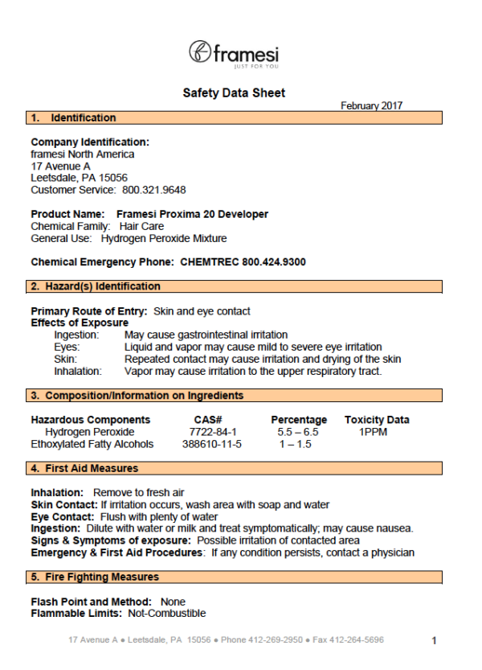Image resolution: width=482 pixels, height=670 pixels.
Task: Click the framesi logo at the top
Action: tap(234, 54)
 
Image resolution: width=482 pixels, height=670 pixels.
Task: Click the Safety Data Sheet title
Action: tap(234, 93)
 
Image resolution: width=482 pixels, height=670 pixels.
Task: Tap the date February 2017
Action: tap(371, 105)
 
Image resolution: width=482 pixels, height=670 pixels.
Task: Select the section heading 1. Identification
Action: tap(73, 118)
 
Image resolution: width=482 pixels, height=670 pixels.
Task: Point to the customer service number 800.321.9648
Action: tap(153, 190)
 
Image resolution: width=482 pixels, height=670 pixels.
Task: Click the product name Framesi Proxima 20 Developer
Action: tap(192, 214)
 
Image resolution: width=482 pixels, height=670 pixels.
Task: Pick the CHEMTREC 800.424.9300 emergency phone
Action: tap(243, 262)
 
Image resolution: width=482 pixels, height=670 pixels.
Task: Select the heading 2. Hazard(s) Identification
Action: tap(96, 286)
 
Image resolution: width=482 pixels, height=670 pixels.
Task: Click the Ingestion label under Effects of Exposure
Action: tap(76, 335)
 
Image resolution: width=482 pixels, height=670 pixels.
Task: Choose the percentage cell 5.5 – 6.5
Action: tap(296, 432)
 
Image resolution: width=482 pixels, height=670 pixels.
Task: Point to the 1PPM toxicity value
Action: tap(374, 432)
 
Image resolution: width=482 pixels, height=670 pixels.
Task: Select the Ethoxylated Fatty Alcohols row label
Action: tap(92, 444)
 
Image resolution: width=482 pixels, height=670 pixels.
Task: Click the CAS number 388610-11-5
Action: tap(212, 444)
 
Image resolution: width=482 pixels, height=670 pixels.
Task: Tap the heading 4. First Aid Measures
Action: tap(84, 468)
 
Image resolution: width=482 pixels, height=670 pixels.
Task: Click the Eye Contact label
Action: tap(63, 516)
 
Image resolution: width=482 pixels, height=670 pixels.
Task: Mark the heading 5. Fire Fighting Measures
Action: tap(94, 578)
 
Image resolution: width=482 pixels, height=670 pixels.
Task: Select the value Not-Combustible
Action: tap(170, 614)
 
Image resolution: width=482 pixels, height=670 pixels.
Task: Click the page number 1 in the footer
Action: tap(434, 641)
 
